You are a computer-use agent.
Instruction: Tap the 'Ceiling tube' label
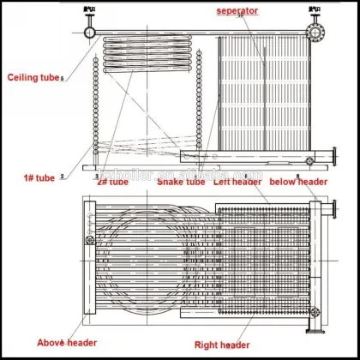coord(33,77)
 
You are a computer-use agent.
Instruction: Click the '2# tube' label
coord(112,182)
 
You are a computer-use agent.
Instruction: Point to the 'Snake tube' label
coord(183,182)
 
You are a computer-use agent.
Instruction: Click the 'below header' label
coord(297,182)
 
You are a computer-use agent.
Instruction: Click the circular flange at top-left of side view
coord(88,32)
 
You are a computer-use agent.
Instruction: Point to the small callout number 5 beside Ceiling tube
coord(62,80)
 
